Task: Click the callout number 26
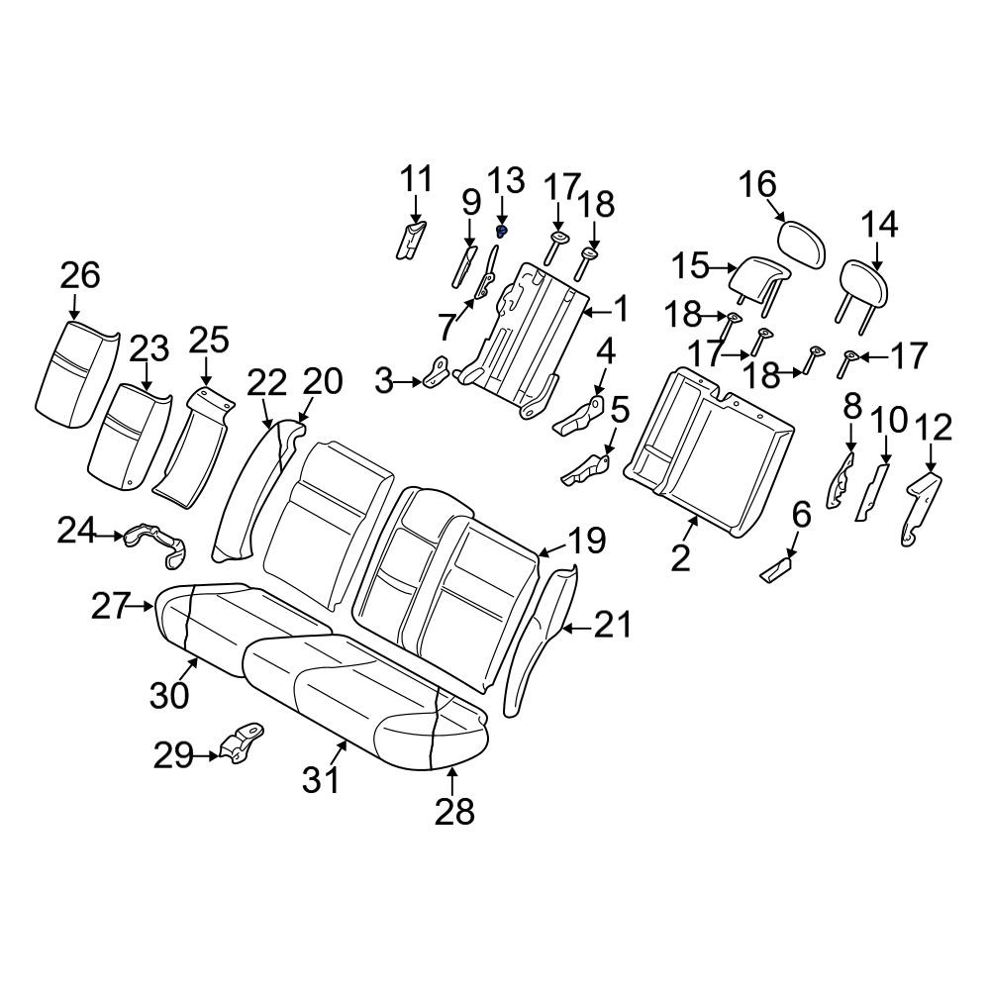(80, 276)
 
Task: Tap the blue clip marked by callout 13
(502, 231)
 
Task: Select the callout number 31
(322, 780)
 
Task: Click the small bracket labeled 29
(243, 743)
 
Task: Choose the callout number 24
(76, 530)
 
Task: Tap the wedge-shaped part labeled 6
(776, 570)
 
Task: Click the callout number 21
(612, 625)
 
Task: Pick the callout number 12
(934, 428)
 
